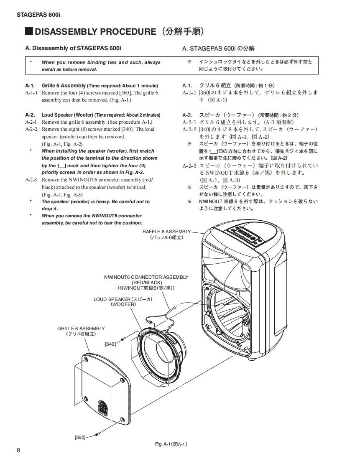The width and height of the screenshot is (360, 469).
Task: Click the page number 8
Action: (18, 450)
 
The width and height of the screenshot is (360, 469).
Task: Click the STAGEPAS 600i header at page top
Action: (38, 15)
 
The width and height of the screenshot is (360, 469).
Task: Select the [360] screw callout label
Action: (80, 437)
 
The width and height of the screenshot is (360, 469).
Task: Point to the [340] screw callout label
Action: (110, 344)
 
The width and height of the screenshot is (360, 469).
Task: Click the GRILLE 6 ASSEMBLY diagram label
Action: (81, 331)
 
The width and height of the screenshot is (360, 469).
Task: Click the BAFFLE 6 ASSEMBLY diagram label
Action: (166, 234)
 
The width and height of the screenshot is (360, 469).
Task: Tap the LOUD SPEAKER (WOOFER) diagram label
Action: (123, 302)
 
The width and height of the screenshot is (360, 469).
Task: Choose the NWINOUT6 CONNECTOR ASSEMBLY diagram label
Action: (146, 282)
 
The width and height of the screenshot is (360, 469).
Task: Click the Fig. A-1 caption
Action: (171, 444)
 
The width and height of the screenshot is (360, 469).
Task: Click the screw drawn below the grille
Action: (97, 435)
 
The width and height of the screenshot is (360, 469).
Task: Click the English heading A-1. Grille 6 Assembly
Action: (92, 86)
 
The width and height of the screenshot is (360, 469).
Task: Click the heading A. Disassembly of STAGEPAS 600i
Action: (73, 49)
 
